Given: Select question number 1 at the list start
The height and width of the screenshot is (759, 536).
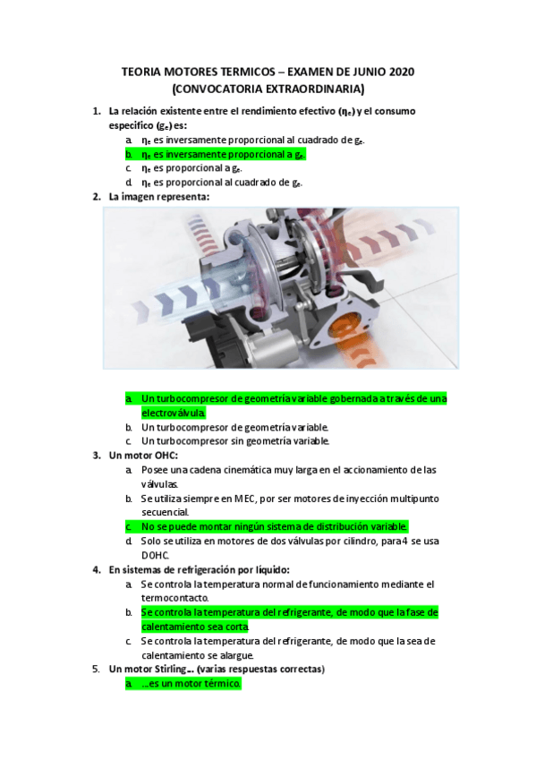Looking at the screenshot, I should (96, 111).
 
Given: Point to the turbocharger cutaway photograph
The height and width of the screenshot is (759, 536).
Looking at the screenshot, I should (280, 287).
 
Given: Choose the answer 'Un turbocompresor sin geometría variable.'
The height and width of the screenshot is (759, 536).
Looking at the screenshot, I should (235, 440).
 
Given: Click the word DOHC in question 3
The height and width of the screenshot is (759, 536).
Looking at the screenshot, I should (157, 555).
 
